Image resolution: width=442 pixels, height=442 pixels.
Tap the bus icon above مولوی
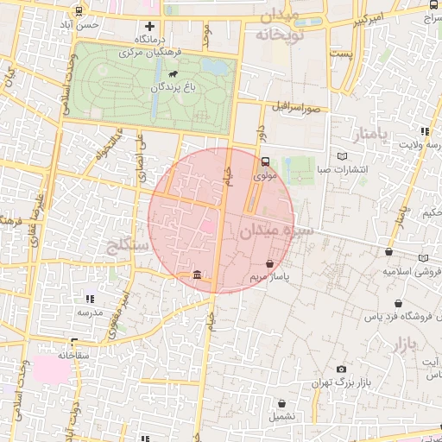point(265,161)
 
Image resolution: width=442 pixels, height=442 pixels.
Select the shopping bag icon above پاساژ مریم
point(270,263)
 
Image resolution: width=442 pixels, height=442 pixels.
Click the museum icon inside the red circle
point(198,275)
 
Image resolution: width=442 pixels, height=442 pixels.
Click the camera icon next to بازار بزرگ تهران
point(342,369)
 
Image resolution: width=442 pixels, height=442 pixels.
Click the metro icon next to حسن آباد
point(80,12)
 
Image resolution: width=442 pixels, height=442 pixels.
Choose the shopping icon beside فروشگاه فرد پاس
point(398,304)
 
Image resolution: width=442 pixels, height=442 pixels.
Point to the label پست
point(344,54)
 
